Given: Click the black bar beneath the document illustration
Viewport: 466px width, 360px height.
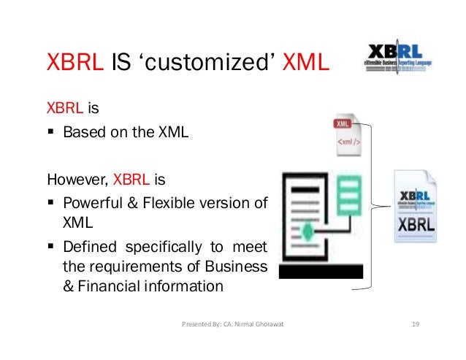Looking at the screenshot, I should (x=321, y=272).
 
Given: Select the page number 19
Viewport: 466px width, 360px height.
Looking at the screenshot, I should (x=416, y=323).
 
